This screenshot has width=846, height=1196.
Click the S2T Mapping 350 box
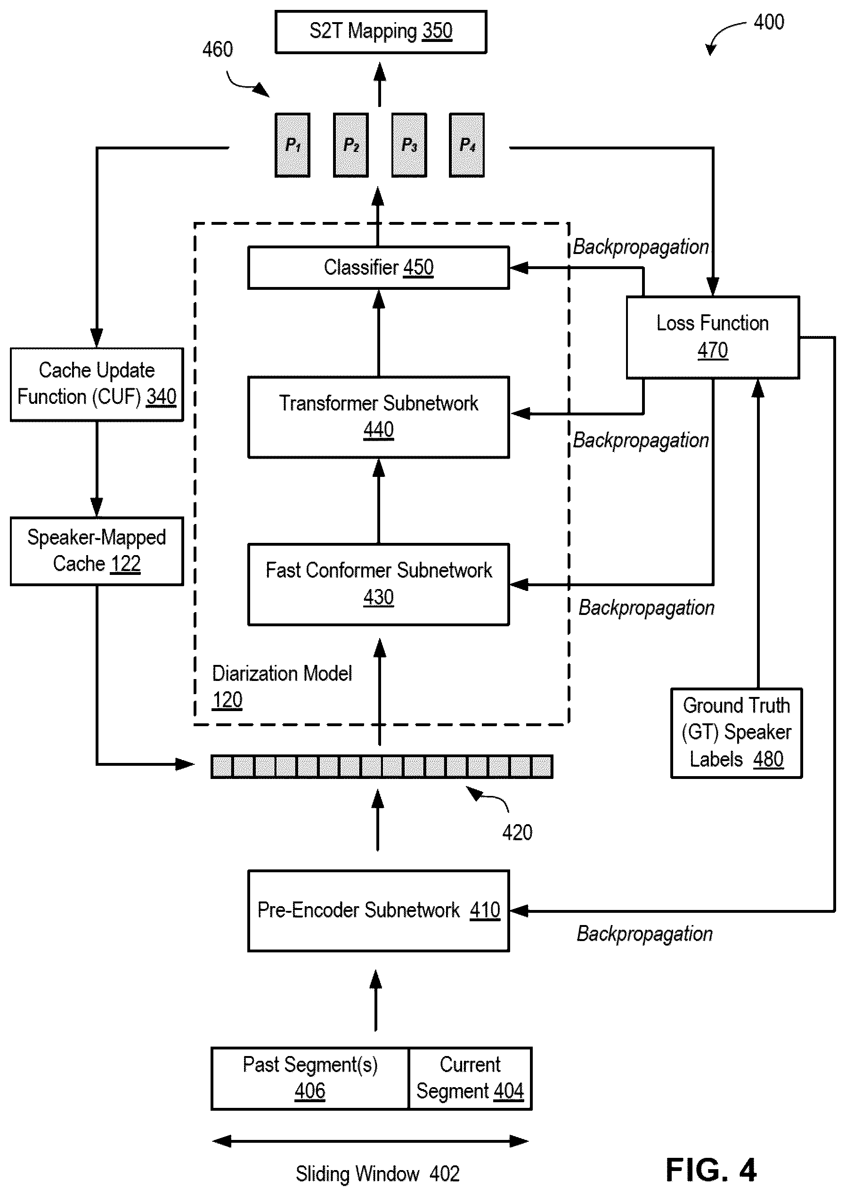381,32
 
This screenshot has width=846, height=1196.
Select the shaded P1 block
292,145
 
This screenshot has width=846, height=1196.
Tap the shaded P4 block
467,145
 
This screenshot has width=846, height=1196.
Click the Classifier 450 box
379,267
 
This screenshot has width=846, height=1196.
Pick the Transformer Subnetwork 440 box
379,417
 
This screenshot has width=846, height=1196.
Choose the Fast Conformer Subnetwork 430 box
379,584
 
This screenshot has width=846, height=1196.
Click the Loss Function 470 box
713,337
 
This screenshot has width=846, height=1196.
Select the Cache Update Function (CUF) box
97,384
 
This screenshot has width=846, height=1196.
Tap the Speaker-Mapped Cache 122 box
97,551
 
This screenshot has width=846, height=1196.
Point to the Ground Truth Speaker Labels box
737,733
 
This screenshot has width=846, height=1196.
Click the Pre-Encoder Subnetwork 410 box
379,910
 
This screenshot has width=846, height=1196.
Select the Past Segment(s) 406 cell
310,1078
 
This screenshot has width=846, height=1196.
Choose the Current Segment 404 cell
471,1078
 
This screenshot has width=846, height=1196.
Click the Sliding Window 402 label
378,1173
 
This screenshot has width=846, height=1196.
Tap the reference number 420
517,832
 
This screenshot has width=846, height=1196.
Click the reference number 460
218,49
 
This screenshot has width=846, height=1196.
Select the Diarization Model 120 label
282,686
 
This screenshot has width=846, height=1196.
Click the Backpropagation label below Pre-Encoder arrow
644,934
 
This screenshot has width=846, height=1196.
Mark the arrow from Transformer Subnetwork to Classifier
379,333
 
